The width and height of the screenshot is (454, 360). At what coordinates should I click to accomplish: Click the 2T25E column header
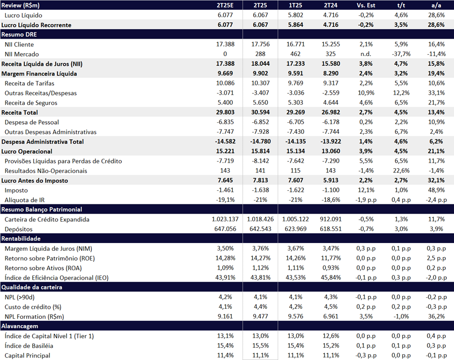(x=225, y=5)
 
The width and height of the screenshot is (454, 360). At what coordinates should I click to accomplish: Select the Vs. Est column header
(x=366, y=5)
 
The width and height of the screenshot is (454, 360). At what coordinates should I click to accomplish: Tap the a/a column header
(x=436, y=5)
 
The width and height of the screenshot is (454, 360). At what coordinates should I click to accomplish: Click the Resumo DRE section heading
(x=19, y=34)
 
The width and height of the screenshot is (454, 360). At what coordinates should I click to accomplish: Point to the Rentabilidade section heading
(x=21, y=239)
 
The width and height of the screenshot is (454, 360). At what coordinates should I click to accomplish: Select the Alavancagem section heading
(x=20, y=326)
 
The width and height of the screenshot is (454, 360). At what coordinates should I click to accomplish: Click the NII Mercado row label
(x=22, y=54)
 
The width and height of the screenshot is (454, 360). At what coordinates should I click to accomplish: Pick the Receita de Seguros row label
(x=31, y=103)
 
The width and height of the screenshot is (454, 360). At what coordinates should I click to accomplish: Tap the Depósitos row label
(x=18, y=229)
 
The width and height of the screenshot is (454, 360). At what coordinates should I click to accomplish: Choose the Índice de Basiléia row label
(x=29, y=346)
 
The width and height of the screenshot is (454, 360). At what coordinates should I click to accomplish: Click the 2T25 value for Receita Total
(x=260, y=113)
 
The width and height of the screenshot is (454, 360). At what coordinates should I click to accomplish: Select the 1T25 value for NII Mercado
(x=295, y=54)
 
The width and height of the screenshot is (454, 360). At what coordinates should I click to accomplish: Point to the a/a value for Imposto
(x=436, y=190)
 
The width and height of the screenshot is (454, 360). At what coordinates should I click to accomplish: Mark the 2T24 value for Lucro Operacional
(x=330, y=151)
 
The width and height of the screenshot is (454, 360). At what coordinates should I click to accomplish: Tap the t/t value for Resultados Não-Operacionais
(x=401, y=171)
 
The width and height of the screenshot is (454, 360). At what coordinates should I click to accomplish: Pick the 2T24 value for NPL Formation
(x=330, y=317)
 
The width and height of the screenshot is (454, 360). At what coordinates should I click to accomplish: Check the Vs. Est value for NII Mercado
(x=366, y=54)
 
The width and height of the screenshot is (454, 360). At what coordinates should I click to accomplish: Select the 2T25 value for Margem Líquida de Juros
(x=260, y=248)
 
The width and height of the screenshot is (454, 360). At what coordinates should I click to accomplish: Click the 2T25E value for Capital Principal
(x=225, y=355)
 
